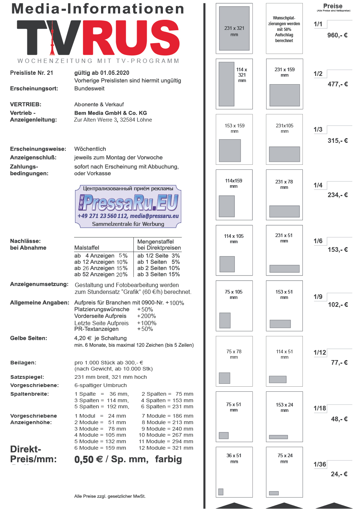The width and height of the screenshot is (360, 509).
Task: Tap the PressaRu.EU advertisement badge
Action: click(128, 206)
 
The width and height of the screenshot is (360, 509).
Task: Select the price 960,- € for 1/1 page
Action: click(337, 35)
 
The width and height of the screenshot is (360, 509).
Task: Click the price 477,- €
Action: click(338, 84)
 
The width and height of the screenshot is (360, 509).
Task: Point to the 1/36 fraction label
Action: click(320, 464)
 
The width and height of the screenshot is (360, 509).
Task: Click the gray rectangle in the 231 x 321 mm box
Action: click(234, 28)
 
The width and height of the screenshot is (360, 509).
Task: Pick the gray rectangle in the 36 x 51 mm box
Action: click(221, 492)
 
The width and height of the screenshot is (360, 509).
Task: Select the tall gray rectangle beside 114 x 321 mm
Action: click(227, 84)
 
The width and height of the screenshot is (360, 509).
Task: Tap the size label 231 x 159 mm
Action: click(284, 72)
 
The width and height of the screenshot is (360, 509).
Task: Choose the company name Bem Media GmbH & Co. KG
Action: click(110, 113)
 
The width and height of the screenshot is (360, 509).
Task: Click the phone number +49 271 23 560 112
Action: click(102, 216)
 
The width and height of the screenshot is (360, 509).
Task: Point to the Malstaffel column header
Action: click(87, 248)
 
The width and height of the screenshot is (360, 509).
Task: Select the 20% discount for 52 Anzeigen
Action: click(122, 274)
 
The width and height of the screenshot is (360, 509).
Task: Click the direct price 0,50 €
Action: click(88, 459)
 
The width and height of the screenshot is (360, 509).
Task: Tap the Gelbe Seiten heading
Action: click(28, 338)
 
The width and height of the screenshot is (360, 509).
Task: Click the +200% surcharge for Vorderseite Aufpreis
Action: click(146, 316)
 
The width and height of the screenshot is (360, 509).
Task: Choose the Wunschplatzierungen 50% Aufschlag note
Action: click(284, 29)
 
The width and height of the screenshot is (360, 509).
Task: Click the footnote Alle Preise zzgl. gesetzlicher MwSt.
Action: click(110, 496)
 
